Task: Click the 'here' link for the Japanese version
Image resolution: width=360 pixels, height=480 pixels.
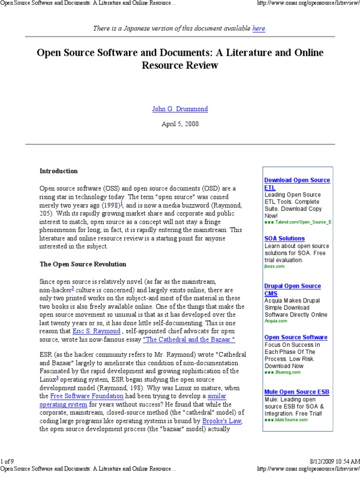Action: click(x=259, y=29)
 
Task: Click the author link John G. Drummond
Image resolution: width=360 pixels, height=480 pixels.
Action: click(x=180, y=109)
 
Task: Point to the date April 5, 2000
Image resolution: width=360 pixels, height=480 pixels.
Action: click(x=180, y=124)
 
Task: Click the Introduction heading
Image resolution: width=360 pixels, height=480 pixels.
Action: click(x=59, y=171)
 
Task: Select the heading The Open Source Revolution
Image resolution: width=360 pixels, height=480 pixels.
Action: click(x=83, y=264)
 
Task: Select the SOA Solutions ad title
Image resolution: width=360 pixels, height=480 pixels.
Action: click(x=284, y=239)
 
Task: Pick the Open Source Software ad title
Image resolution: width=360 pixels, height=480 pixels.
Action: click(x=296, y=337)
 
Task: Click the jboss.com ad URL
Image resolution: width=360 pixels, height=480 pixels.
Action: click(x=274, y=266)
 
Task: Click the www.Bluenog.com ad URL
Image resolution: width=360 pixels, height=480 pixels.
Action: click(x=283, y=372)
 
